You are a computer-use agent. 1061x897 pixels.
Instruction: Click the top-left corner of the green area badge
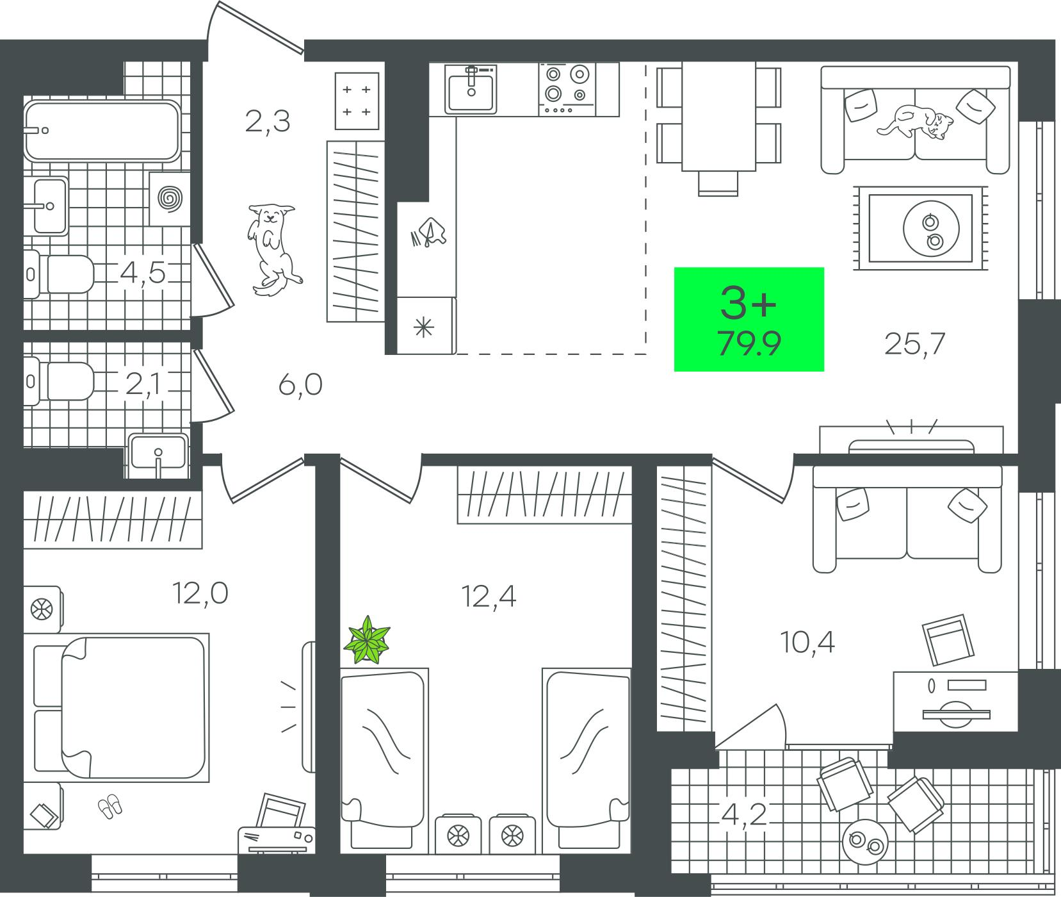click(x=674, y=267)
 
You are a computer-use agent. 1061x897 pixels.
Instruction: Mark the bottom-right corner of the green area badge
click(x=824, y=371)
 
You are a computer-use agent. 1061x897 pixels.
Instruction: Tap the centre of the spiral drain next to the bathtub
click(x=170, y=198)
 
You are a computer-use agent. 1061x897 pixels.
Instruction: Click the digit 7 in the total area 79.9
click(x=727, y=345)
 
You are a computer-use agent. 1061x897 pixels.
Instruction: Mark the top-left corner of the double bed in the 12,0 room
click(x=62, y=634)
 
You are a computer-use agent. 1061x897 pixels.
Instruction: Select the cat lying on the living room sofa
click(x=916, y=120)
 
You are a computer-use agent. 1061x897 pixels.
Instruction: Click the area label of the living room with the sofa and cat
click(x=914, y=345)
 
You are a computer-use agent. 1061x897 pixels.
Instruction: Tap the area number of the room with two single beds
click(x=489, y=597)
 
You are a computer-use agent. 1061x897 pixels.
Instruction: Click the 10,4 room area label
click(x=807, y=641)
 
